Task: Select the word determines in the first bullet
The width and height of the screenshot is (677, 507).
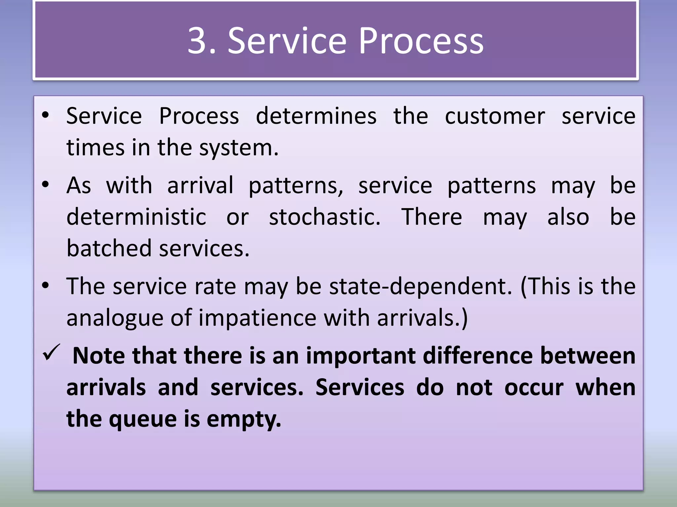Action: point(316,116)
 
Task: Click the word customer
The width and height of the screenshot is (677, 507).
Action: point(495,116)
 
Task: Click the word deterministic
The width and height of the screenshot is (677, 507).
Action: point(137,217)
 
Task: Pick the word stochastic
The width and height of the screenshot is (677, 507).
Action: point(325,217)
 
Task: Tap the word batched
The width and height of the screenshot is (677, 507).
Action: point(109,248)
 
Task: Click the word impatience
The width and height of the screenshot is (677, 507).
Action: point(258,318)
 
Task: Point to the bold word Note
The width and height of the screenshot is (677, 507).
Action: point(99,356)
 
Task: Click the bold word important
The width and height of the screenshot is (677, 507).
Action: point(361,356)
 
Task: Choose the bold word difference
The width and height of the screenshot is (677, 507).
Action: point(478,356)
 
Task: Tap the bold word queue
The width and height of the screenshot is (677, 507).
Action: point(142,419)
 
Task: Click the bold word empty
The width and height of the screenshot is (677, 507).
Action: point(244,419)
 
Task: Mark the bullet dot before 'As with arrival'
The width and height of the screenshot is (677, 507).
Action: point(46,185)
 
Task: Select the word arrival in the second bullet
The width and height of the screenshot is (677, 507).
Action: point(200,186)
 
